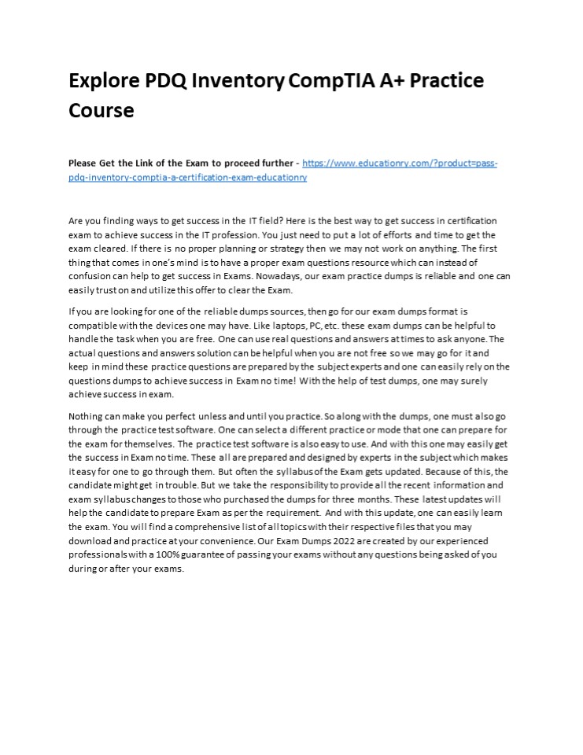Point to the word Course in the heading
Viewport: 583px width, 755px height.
tap(101, 111)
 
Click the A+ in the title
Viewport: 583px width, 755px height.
tap(398, 81)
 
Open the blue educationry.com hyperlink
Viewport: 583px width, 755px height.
tap(400, 164)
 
